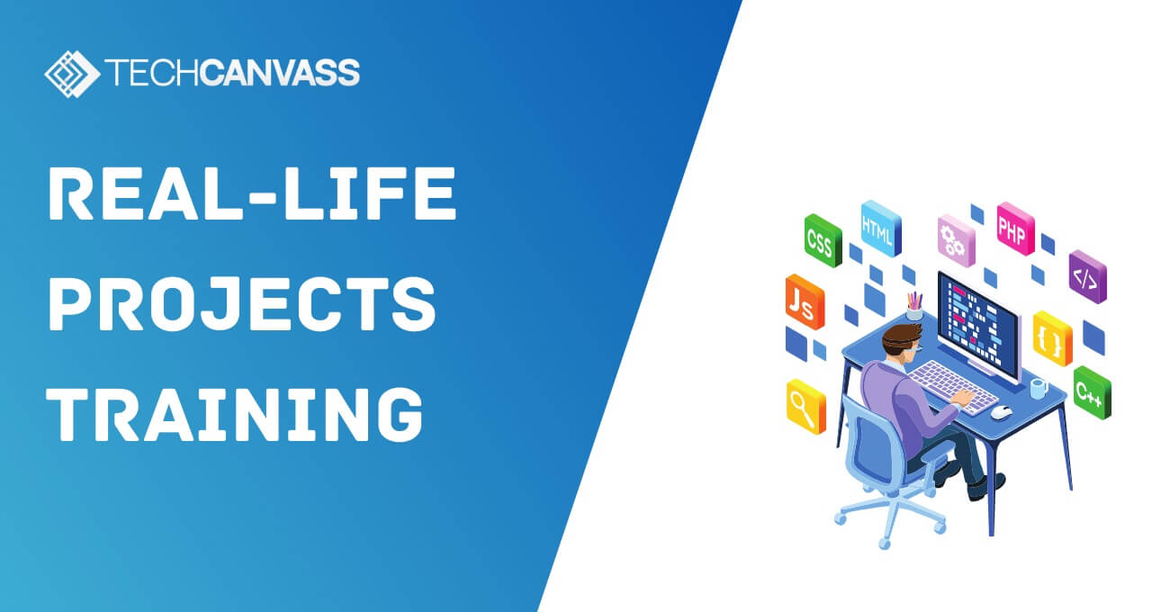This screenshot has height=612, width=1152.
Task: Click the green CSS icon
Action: (x=822, y=240)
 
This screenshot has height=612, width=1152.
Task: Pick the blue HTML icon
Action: (x=879, y=228)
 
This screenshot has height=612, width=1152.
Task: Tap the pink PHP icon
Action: (x=1015, y=229)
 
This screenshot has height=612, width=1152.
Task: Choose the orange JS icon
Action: (x=804, y=301)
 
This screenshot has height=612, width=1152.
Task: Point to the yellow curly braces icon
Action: (x=1051, y=338)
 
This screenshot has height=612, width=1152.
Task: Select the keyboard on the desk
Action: (x=954, y=384)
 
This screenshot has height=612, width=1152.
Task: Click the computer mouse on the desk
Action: (x=1001, y=412)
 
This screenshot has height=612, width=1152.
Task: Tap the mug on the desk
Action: (x=1038, y=389)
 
